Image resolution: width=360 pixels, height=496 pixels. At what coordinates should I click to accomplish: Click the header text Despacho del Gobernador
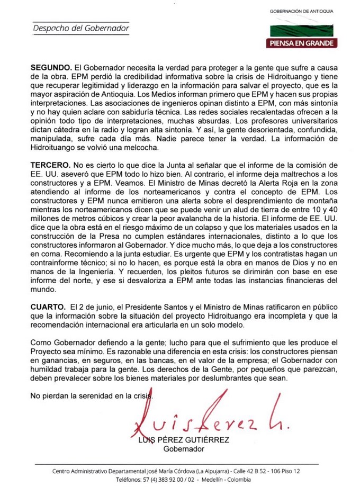[81, 28]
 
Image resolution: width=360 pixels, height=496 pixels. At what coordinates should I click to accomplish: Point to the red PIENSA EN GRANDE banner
[301, 43]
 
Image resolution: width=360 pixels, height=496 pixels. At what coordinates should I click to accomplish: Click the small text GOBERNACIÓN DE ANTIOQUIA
[302, 11]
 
